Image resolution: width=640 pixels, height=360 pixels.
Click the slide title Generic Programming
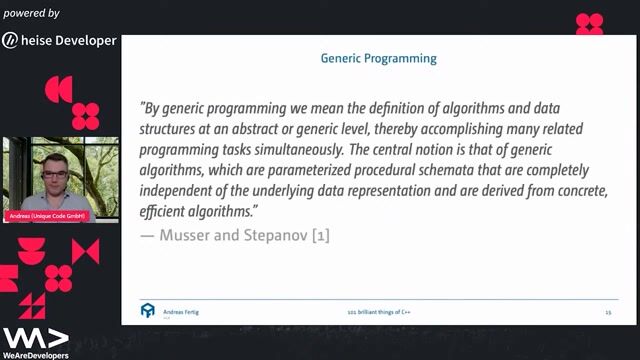pyautogui.click(x=378, y=59)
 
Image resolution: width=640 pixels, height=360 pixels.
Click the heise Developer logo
pyautogui.click(x=60, y=40)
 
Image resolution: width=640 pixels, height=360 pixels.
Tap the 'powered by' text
pyautogui.click(x=31, y=13)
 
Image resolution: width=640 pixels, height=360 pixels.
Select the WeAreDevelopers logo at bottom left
pyautogui.click(x=35, y=341)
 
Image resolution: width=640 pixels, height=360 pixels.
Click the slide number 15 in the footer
pyautogui.click(x=608, y=313)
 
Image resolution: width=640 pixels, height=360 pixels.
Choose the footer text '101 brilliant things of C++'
pyautogui.click(x=377, y=313)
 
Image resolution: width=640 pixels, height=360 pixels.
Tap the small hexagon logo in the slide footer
pyautogui.click(x=148, y=312)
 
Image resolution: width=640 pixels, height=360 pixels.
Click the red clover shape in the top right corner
pyautogui.click(x=590, y=23)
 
